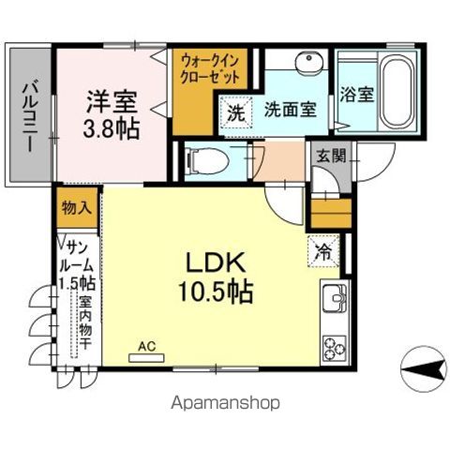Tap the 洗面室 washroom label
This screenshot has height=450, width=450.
click(x=289, y=109)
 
